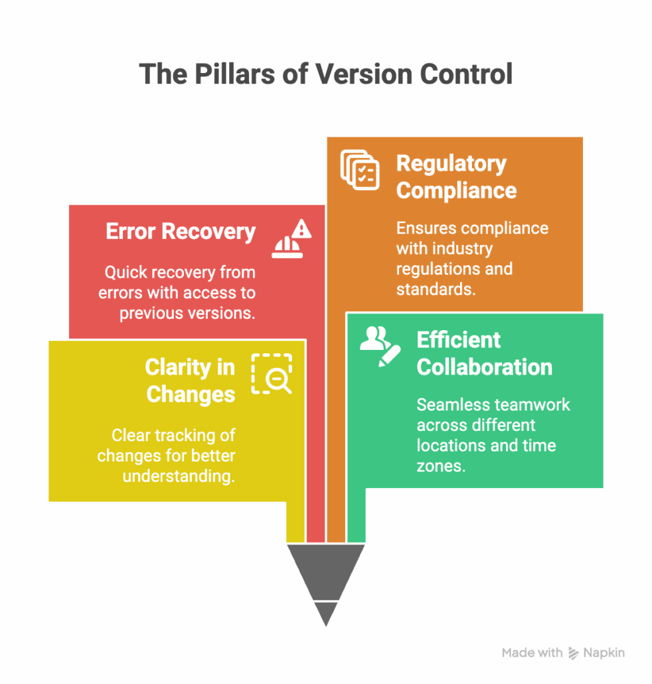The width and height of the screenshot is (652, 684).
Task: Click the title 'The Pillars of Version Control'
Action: tap(325, 74)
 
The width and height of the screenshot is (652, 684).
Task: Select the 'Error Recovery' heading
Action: tap(181, 232)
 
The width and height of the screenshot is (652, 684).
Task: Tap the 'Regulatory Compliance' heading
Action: tap(456, 177)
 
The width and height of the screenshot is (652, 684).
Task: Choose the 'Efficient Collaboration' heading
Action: tap(484, 353)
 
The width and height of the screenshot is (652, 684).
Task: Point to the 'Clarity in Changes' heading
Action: tap(190, 381)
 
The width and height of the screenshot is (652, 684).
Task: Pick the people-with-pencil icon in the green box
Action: tap(380, 345)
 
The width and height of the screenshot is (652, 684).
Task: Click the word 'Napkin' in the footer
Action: tap(604, 653)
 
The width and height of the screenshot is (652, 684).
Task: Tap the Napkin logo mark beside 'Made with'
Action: tap(573, 653)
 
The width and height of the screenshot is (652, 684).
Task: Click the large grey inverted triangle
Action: tap(325, 570)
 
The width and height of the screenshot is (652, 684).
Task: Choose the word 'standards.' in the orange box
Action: tap(436, 289)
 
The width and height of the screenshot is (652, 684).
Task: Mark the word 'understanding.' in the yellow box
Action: tap(179, 476)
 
